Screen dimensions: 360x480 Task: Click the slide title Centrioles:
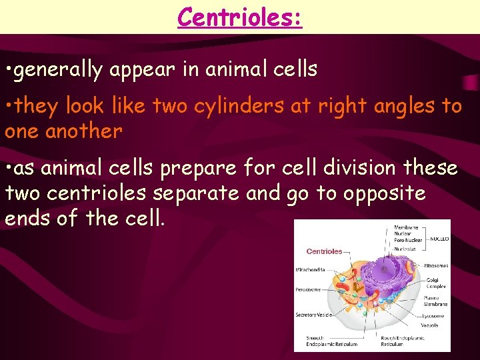coord(240,16)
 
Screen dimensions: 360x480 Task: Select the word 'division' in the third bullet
coord(345,169)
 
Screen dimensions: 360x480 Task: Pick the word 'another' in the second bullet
coord(83,131)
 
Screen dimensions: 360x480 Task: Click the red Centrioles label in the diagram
coord(324,251)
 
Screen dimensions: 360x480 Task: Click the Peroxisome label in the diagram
coord(309,290)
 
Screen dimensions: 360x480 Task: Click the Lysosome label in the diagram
coord(434,315)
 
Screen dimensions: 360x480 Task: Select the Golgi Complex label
coord(433,283)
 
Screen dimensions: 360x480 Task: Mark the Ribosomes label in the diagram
coord(437,265)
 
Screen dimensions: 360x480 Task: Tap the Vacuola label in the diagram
coord(430,325)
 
